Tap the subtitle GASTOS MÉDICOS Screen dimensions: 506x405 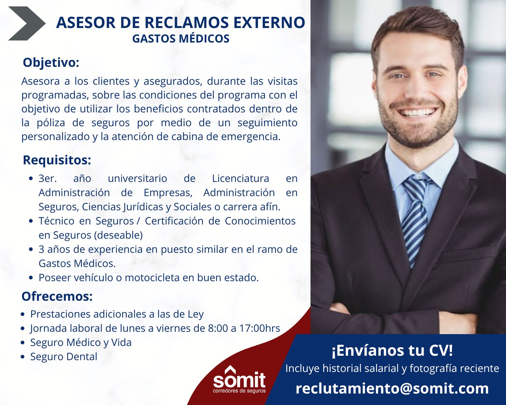[181, 39]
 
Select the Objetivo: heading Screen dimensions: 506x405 [51, 63]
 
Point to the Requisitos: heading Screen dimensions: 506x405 [57, 160]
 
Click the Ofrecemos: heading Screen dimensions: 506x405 [57, 296]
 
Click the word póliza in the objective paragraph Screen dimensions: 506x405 [51, 123]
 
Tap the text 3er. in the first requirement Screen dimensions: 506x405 [48, 179]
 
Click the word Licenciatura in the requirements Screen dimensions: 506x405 [241, 179]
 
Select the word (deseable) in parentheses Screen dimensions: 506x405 [118, 235]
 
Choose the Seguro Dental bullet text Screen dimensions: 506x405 [64, 356]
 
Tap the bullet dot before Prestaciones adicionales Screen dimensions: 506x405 [23, 315]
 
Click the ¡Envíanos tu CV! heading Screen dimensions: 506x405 [392, 351]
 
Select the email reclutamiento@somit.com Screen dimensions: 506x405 [392, 389]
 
